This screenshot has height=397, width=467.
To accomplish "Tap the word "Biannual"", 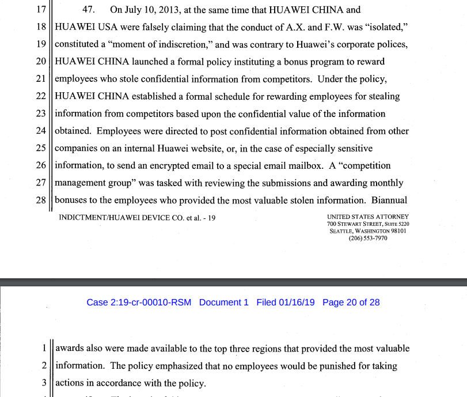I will pyautogui.click(x=389, y=200).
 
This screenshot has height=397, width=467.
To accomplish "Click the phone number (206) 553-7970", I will pyautogui.click(x=367, y=238).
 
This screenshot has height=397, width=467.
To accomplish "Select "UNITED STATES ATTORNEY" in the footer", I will pyautogui.click(x=367, y=217).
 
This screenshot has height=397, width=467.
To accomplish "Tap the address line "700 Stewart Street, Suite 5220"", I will pyautogui.click(x=367, y=224).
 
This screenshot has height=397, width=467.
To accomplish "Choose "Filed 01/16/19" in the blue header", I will pyautogui.click(x=286, y=303).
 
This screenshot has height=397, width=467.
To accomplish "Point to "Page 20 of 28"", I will pyautogui.click(x=351, y=303).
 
